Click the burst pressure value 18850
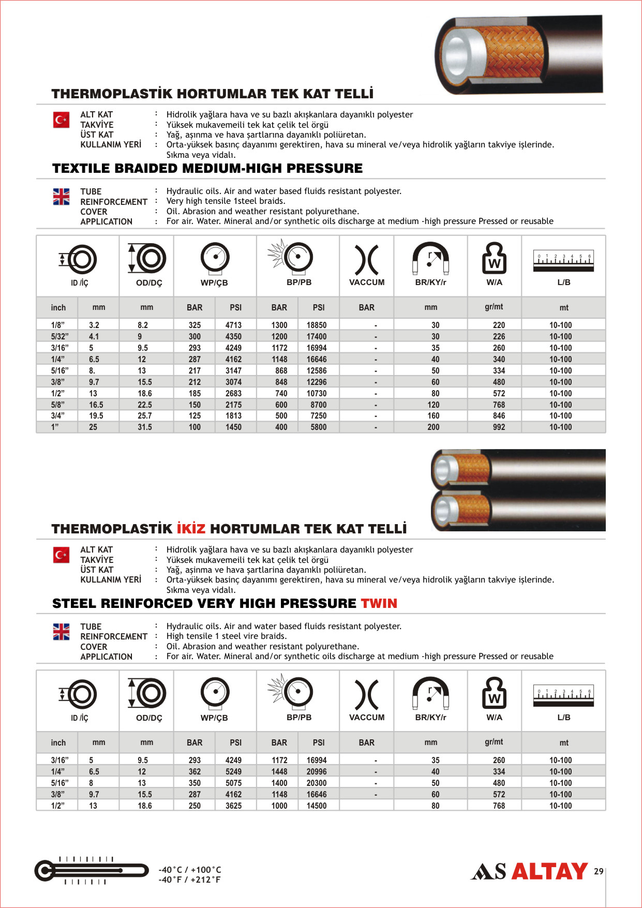click(316, 325)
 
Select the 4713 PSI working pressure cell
click(233, 325)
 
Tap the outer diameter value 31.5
click(145, 427)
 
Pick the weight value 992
click(499, 427)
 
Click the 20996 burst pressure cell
click(316, 771)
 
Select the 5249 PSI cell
click(233, 771)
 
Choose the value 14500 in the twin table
click(316, 806)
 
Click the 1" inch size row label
click(55, 427)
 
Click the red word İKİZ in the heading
click(191, 529)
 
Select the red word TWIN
click(379, 603)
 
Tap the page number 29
click(599, 871)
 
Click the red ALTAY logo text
click(549, 871)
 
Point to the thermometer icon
click(91, 870)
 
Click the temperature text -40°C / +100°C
click(190, 870)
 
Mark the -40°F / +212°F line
click(189, 880)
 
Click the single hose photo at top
click(519, 54)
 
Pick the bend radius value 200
click(434, 427)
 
